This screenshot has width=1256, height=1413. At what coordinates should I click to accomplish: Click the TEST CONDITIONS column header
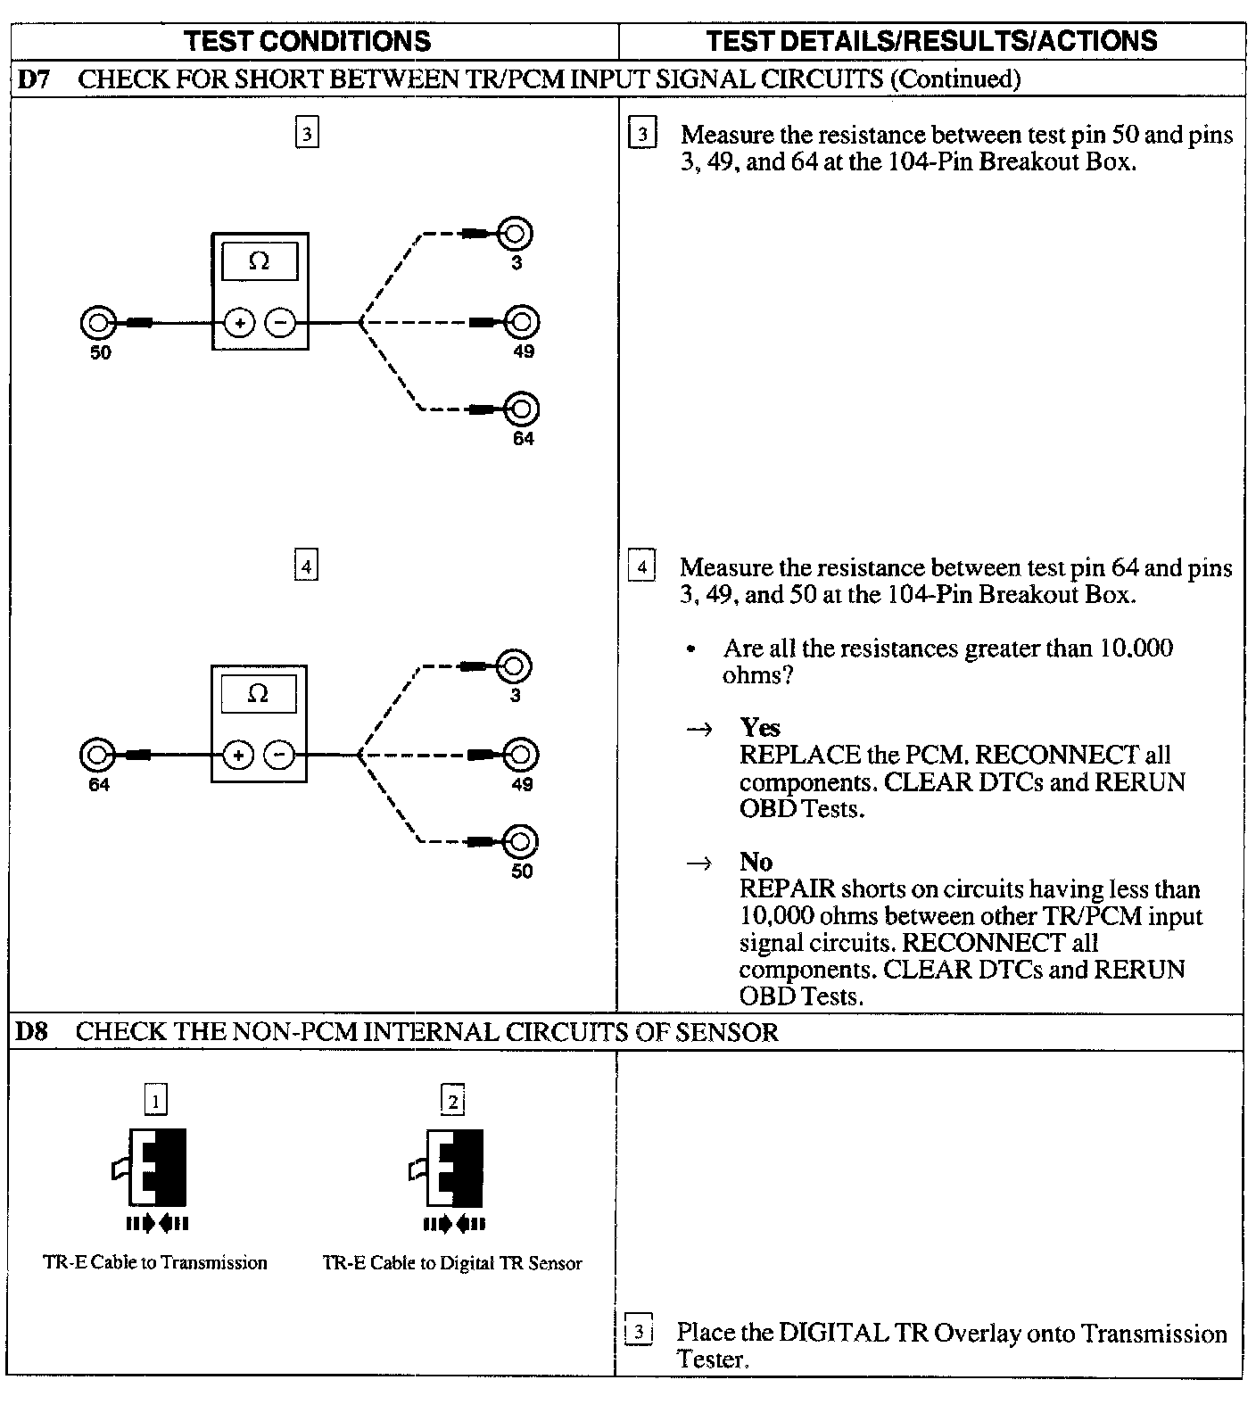308,41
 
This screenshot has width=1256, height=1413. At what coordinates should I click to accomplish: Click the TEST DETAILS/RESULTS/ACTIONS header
931,41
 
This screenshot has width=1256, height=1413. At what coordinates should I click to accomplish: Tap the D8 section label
32,1032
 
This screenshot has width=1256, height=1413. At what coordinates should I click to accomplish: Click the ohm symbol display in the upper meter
260,261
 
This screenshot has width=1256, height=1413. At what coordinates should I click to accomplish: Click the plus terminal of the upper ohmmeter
239,322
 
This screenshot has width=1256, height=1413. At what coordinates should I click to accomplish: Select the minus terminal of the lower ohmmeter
279,756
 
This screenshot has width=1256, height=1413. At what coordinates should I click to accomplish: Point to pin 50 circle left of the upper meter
97,322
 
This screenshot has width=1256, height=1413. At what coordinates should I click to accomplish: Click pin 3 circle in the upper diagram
516,234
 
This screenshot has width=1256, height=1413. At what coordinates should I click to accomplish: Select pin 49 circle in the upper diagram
523,321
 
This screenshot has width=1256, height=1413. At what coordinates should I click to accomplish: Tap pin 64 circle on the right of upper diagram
523,409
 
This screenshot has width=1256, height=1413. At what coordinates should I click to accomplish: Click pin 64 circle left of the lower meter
96,756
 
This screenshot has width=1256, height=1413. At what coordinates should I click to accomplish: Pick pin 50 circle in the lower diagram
522,841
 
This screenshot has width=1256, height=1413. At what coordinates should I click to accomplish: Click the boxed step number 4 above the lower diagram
306,566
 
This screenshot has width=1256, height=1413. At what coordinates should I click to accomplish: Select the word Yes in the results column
760,728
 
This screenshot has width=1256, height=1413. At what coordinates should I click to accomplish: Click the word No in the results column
756,862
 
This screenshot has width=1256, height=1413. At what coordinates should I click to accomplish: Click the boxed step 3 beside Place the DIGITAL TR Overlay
639,1333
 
